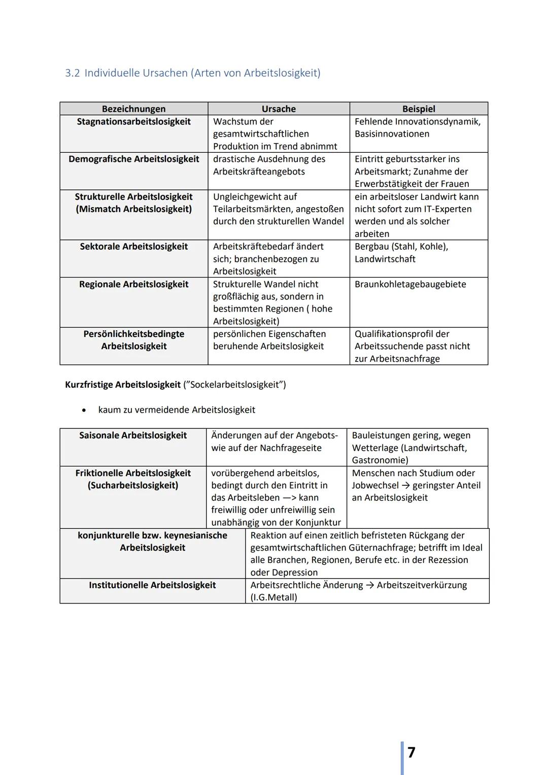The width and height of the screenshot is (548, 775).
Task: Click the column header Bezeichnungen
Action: click(133, 109)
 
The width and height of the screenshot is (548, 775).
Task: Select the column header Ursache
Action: click(279, 109)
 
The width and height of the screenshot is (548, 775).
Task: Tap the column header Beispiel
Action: click(419, 109)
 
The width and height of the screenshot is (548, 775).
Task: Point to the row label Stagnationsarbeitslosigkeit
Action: click(133, 122)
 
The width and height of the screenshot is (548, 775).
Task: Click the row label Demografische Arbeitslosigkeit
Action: click(133, 159)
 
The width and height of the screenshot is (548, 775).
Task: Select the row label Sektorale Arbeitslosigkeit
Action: click(133, 247)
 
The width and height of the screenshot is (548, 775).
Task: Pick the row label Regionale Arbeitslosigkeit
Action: click(133, 284)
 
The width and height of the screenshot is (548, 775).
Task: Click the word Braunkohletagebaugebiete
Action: click(410, 284)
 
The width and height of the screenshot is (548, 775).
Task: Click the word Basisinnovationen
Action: click(392, 134)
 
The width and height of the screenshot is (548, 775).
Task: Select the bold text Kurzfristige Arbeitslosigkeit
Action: click(123, 385)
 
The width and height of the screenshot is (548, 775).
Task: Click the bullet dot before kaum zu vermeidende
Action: click(84, 410)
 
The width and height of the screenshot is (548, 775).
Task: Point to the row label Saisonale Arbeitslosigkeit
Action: click(133, 435)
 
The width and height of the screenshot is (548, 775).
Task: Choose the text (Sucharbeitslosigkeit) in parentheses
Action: click(133, 486)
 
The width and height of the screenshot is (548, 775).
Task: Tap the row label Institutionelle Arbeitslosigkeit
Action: click(152, 585)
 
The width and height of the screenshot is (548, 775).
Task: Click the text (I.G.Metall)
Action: click(273, 597)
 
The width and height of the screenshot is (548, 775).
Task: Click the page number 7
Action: click(411, 752)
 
